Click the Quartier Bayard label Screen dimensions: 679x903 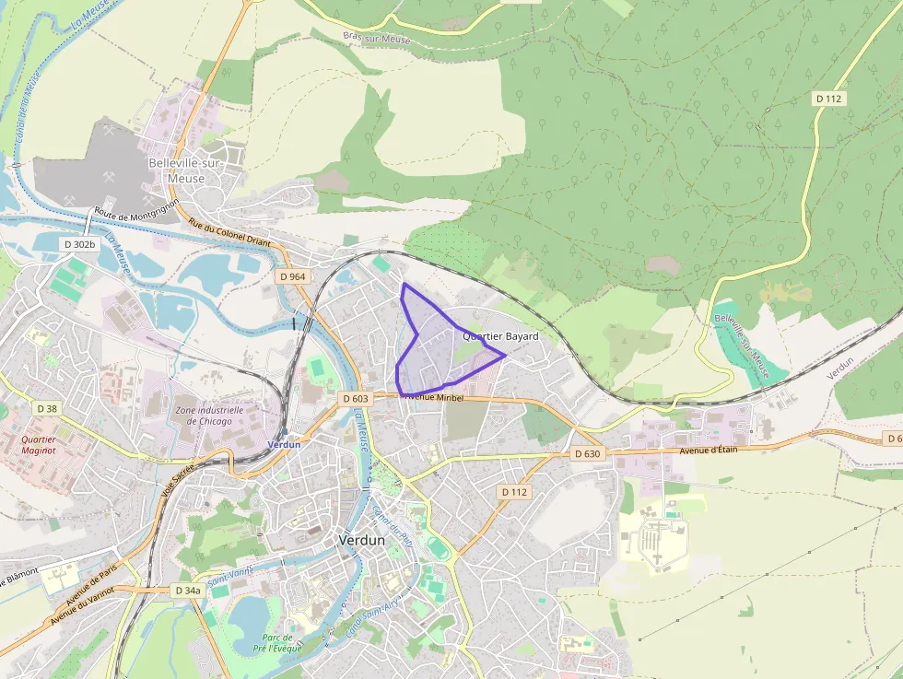tap(500, 337)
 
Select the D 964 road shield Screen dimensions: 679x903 tap(292, 276)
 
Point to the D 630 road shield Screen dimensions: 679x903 tap(587, 454)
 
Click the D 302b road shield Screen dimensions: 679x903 tap(80, 244)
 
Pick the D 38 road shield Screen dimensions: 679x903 tap(47, 407)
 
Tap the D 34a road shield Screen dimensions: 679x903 tap(187, 590)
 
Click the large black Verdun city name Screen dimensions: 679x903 tap(361, 540)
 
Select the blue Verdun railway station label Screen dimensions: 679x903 tap(284, 444)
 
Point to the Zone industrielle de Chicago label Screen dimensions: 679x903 tap(208, 416)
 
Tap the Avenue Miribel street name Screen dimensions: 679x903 tap(432, 396)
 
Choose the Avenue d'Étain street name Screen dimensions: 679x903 tap(717, 450)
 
